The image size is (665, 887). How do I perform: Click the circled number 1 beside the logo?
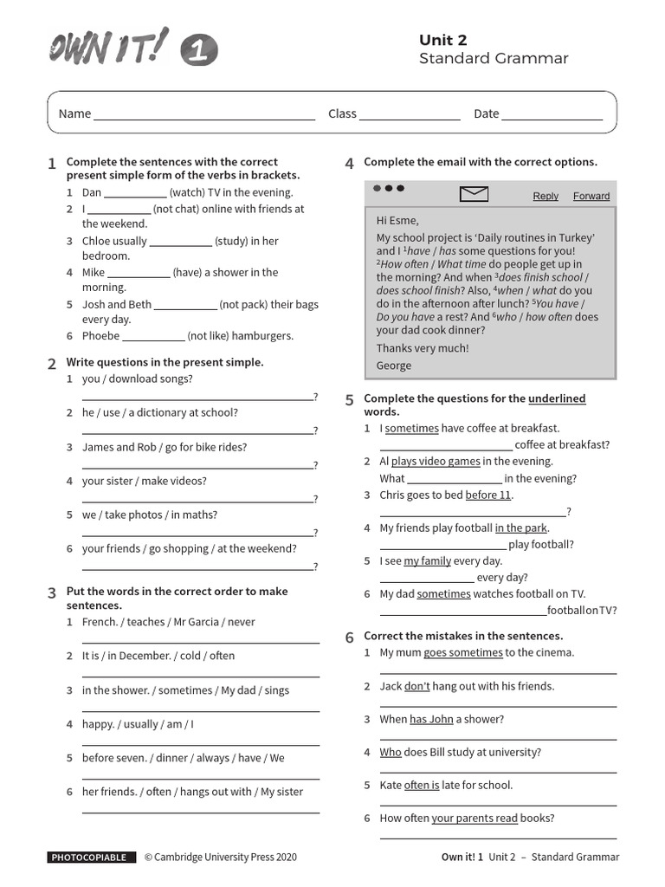pyautogui.click(x=199, y=53)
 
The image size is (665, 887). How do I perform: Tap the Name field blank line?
pyautogui.click(x=204, y=116)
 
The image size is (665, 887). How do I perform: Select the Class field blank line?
pyautogui.click(x=410, y=116)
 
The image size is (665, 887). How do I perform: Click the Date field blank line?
pyautogui.click(x=552, y=116)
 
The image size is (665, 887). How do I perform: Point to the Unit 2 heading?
pyautogui.click(x=442, y=40)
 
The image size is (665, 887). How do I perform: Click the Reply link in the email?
pyautogui.click(x=546, y=196)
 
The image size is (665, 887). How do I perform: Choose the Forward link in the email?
pyautogui.click(x=591, y=196)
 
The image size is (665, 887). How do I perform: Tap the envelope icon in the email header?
pyautogui.click(x=474, y=194)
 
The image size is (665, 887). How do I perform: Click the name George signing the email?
pyautogui.click(x=394, y=366)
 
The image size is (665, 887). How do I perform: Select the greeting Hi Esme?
pyautogui.click(x=397, y=220)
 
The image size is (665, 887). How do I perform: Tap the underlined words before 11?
pyautogui.click(x=488, y=495)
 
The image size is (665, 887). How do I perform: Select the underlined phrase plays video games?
pyautogui.click(x=436, y=462)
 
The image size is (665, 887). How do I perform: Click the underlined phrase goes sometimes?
pyautogui.click(x=462, y=653)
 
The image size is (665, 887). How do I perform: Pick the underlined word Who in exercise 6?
pyautogui.click(x=390, y=753)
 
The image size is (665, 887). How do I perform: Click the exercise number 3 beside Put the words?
pyautogui.click(x=52, y=594)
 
